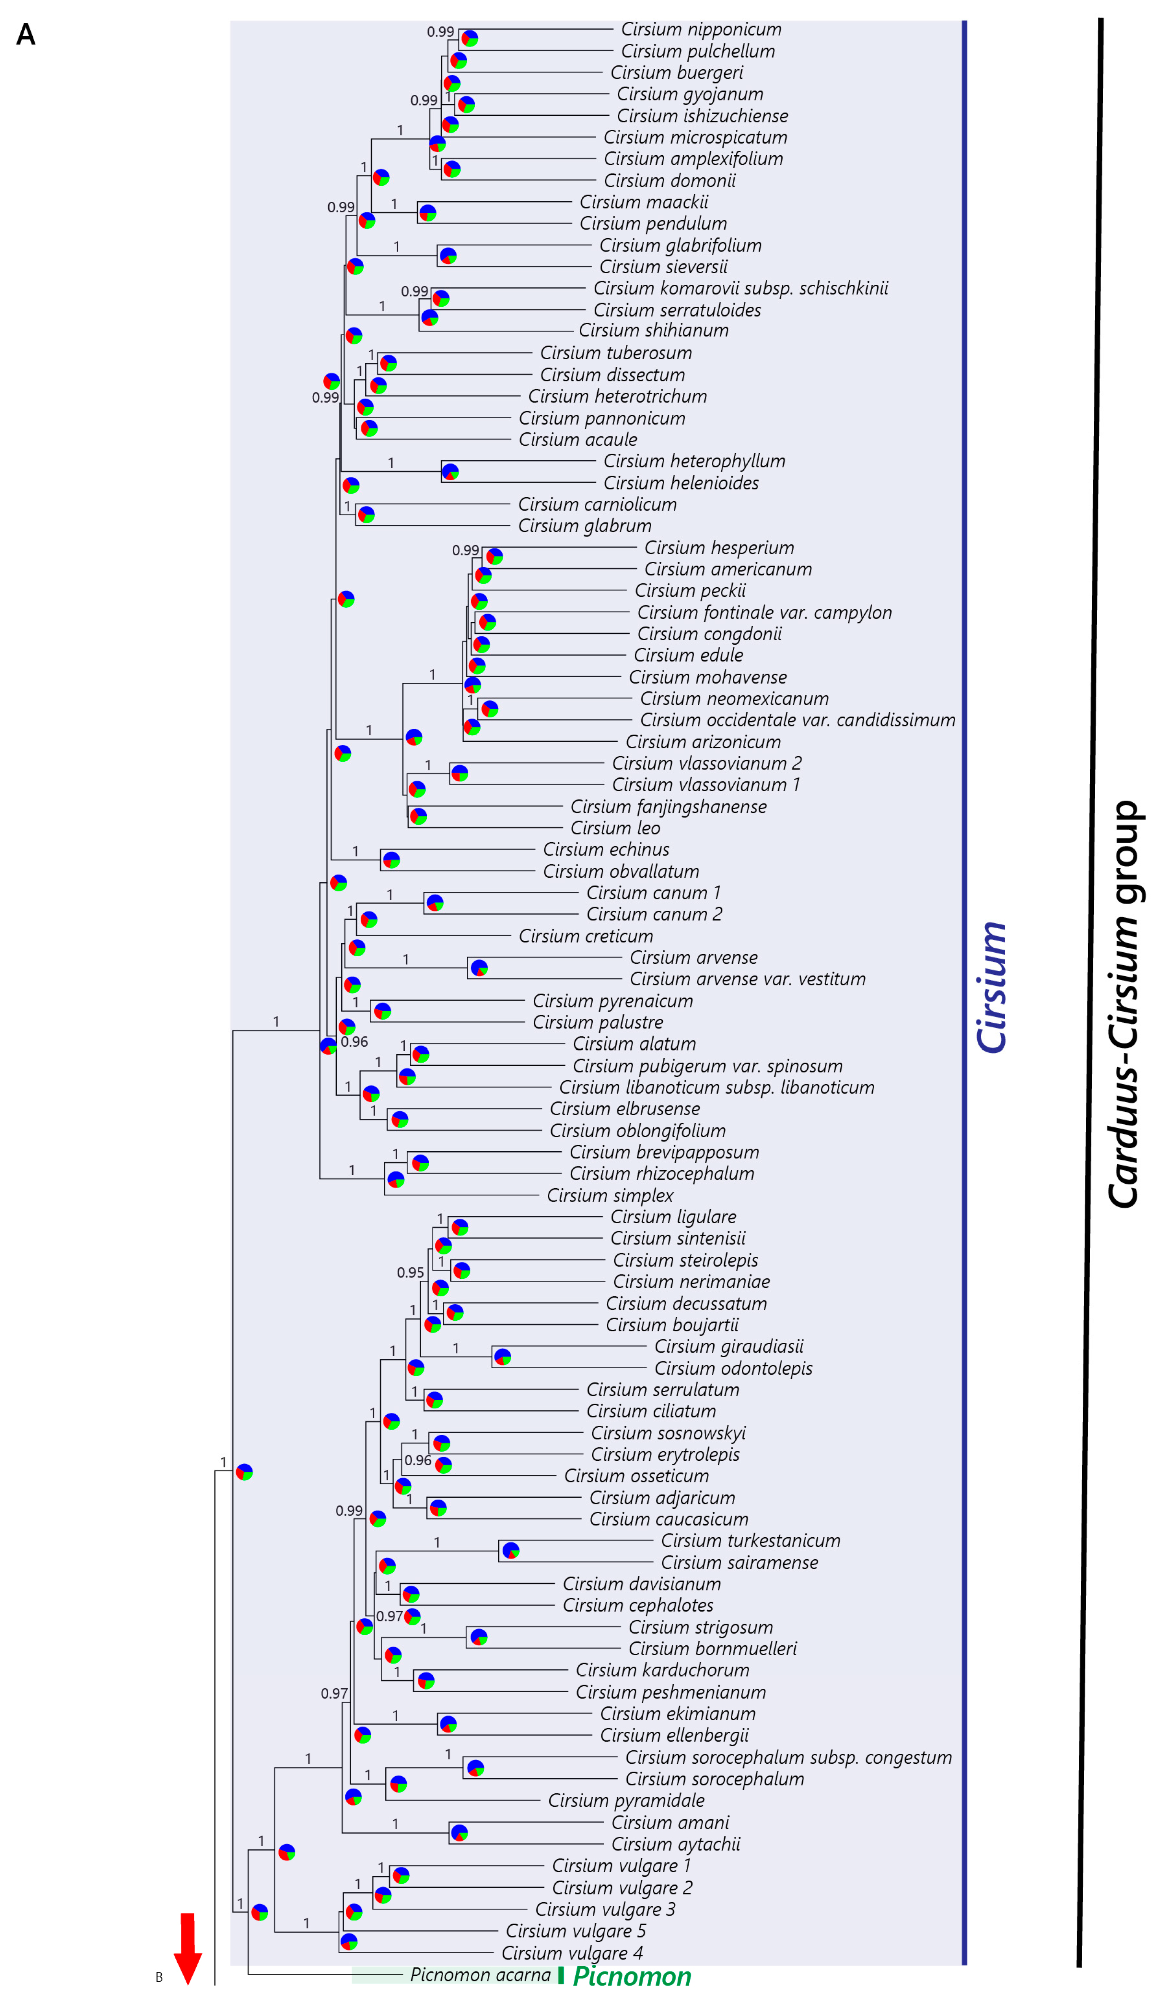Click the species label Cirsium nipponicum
[x=701, y=29]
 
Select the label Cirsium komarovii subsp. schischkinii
[x=740, y=288]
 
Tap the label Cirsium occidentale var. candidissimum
[x=798, y=720]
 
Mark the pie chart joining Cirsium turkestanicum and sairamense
[x=511, y=1551]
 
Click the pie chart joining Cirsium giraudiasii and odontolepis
[x=502, y=1356]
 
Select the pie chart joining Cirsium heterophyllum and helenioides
[x=450, y=472]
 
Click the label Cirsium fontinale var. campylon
[x=764, y=613]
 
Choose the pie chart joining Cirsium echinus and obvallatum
[x=391, y=860]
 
